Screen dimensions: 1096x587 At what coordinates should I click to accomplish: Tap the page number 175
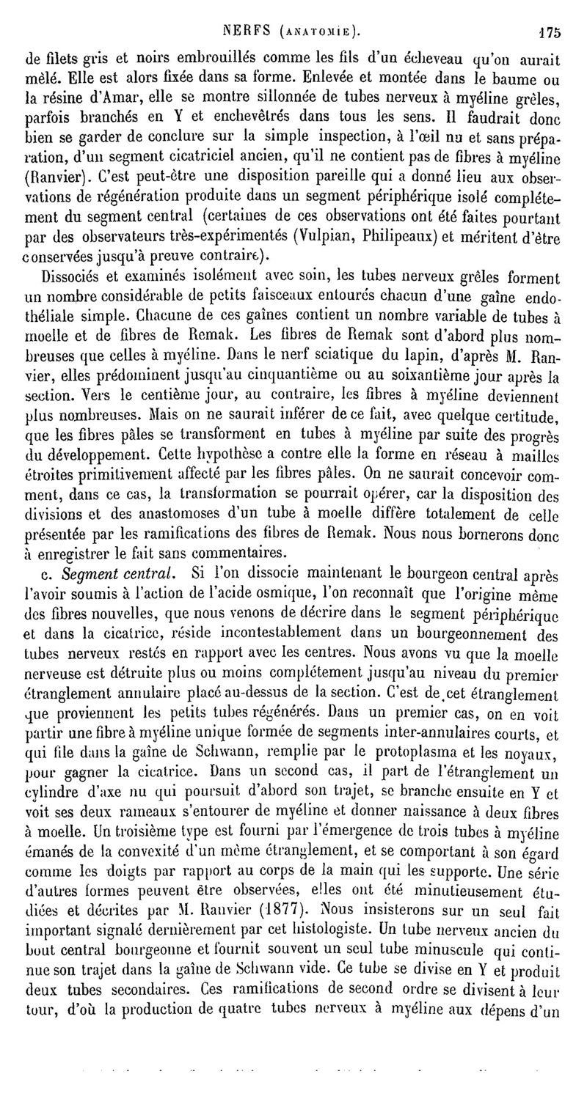pyautogui.click(x=547, y=31)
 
